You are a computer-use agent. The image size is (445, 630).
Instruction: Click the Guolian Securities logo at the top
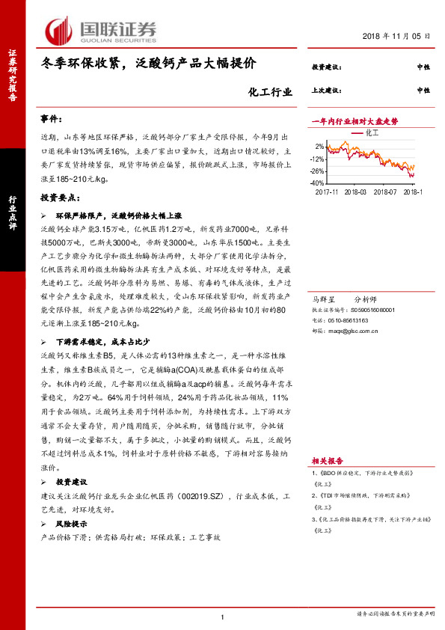tap(102, 29)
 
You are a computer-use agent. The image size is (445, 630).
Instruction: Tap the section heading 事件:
tap(54, 119)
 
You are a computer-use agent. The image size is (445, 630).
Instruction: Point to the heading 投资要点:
tap(61, 198)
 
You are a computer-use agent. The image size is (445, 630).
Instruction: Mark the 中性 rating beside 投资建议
tap(423, 67)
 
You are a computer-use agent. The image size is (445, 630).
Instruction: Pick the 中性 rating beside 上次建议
tap(423, 90)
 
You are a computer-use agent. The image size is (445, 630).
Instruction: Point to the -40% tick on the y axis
tap(319, 183)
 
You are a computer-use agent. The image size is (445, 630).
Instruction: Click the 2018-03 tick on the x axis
tap(356, 192)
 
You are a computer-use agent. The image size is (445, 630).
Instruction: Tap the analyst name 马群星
tap(324, 298)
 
